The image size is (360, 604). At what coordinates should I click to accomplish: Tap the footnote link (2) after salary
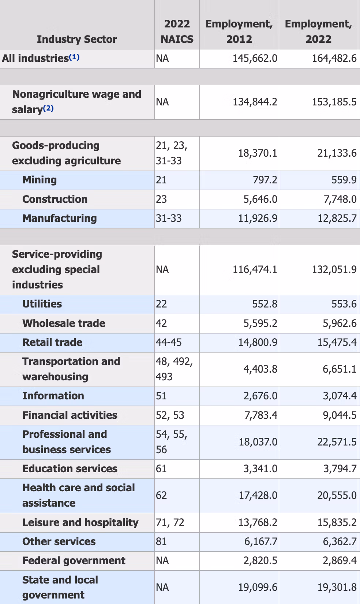click(48, 109)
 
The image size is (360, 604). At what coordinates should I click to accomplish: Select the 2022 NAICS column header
click(177, 31)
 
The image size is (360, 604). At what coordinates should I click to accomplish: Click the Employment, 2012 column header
click(239, 31)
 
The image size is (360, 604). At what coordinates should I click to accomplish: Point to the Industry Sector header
click(77, 39)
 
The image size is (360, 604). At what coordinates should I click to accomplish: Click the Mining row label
click(40, 180)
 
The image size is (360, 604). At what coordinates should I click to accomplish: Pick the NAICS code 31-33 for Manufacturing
click(169, 219)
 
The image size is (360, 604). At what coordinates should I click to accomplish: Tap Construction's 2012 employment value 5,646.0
click(260, 200)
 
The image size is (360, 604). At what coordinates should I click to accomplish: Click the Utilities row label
click(42, 304)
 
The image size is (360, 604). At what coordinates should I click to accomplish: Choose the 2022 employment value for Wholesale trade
click(339, 324)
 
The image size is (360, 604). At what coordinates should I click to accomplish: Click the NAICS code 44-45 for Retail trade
click(169, 343)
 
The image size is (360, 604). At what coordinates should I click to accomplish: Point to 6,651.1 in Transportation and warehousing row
click(339, 369)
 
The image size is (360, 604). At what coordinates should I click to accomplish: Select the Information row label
click(53, 396)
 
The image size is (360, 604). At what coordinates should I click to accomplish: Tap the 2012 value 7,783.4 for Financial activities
click(260, 415)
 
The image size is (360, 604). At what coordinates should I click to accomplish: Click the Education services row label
click(70, 469)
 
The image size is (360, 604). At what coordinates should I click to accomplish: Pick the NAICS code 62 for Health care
click(161, 496)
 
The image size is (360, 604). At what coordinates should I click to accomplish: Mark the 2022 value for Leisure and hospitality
click(337, 523)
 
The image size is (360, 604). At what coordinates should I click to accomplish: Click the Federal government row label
click(74, 561)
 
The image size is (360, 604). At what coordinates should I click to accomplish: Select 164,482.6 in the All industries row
click(334, 59)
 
